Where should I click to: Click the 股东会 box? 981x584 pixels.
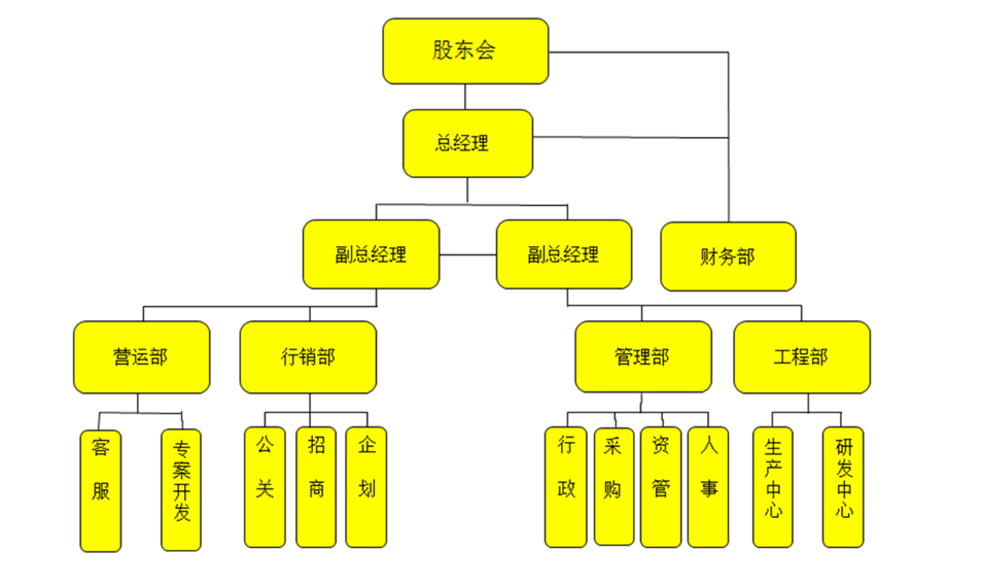pyautogui.click(x=465, y=51)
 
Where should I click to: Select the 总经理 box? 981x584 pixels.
pyautogui.click(x=468, y=144)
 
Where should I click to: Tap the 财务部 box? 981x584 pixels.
pyautogui.click(x=728, y=256)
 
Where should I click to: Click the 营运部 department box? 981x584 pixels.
pyautogui.click(x=141, y=357)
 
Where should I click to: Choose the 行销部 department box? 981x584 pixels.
pyautogui.click(x=308, y=357)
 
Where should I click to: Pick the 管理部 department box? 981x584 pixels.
pyautogui.click(x=643, y=357)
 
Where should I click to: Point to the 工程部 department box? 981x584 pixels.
pyautogui.click(x=802, y=357)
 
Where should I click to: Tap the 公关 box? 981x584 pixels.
pyautogui.click(x=265, y=487)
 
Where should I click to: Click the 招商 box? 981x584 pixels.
pyautogui.click(x=316, y=487)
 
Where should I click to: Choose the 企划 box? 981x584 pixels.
pyautogui.click(x=366, y=487)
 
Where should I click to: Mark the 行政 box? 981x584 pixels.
pyautogui.click(x=566, y=487)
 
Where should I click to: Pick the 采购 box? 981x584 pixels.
pyautogui.click(x=613, y=485)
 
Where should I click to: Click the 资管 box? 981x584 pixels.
pyautogui.click(x=661, y=487)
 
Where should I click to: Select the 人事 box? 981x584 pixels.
pyautogui.click(x=708, y=487)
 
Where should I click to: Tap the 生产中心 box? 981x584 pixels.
pyautogui.click(x=773, y=487)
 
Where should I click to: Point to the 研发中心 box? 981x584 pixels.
pyautogui.click(x=843, y=487)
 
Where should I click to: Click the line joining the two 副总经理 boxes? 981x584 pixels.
pyautogui.click(x=468, y=255)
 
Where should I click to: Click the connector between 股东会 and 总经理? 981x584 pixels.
pyautogui.click(x=465, y=96)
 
